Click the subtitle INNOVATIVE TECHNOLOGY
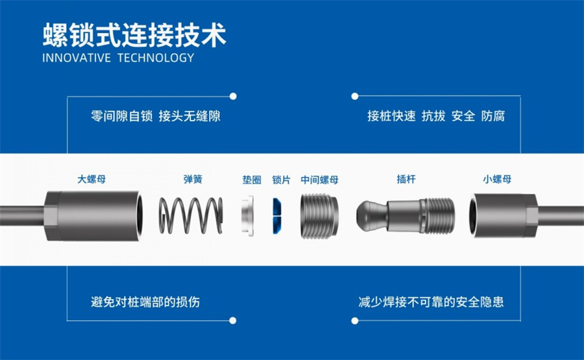(118, 58)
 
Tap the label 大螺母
(91, 179)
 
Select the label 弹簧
(192, 179)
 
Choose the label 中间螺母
(320, 179)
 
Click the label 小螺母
(496, 179)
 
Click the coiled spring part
(191, 215)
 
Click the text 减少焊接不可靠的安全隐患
(431, 302)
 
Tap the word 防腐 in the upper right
(493, 117)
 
